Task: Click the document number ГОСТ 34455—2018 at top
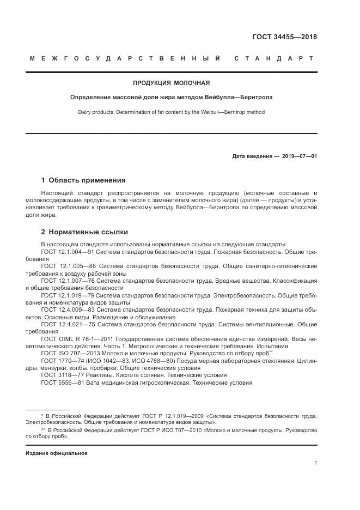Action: pos(284,37)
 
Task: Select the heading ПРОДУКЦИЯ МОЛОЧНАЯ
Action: pos(172,83)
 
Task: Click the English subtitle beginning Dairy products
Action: pos(172,112)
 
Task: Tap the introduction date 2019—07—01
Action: pos(299,156)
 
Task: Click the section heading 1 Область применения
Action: pos(83,180)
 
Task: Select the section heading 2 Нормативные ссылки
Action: pos(81,232)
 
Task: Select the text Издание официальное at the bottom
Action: pos(56,453)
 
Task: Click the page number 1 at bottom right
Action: pos(315,463)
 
